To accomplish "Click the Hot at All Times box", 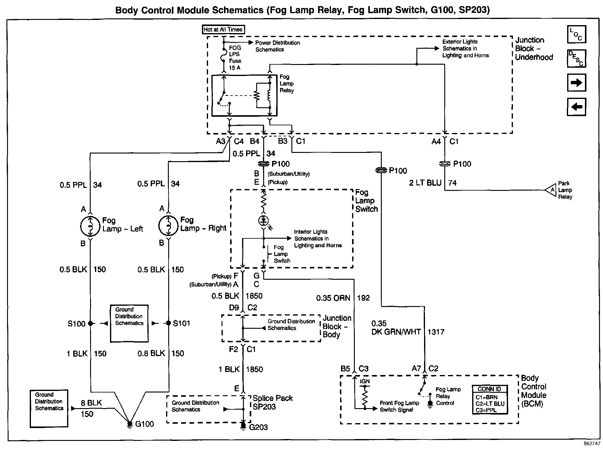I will point(223,29).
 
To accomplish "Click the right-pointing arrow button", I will point(576,83).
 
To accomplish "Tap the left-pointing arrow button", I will point(576,107).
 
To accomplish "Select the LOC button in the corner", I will point(576,34).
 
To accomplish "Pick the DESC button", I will point(576,58).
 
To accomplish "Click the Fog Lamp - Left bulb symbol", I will point(90,226).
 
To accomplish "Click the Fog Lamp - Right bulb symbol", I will point(168,225).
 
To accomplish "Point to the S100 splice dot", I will point(90,323).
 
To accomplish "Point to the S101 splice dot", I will point(168,323).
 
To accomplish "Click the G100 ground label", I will point(144,424).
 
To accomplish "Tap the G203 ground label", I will point(258,427).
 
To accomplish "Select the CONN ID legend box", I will point(490,400).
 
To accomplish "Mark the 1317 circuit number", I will point(436,332).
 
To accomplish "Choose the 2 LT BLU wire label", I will point(425,183).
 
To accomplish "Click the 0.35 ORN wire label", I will point(333,298).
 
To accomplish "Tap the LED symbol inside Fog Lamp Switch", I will point(264,221).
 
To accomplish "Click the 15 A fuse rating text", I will point(235,68).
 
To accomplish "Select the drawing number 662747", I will point(592,444).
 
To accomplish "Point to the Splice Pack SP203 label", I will point(272,402).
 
